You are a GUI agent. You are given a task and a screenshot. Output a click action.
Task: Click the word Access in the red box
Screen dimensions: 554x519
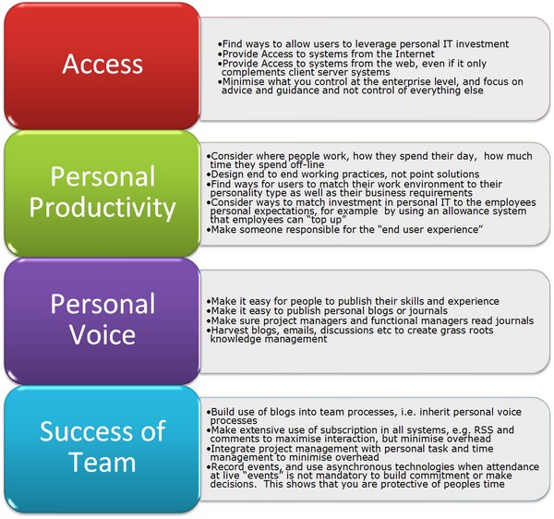102,64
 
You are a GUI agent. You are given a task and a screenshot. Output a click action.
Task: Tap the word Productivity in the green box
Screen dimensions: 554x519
102,208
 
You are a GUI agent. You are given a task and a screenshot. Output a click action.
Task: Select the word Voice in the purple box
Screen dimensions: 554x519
102,334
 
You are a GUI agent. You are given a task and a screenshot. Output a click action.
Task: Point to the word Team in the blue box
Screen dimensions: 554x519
102,462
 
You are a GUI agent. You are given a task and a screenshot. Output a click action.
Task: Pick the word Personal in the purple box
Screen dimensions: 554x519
102,304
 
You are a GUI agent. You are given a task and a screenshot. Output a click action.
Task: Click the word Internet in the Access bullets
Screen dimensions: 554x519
415,54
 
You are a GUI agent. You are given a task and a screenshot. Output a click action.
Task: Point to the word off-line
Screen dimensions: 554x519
307,164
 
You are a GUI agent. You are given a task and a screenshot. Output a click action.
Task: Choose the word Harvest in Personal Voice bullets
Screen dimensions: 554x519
228,331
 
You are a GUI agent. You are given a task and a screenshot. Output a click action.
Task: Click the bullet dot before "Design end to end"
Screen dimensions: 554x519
209,175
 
